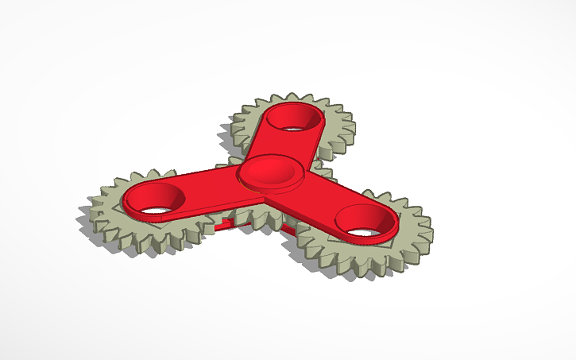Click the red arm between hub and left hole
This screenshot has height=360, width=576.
(207, 187)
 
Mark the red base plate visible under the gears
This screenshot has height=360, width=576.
(238, 228)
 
